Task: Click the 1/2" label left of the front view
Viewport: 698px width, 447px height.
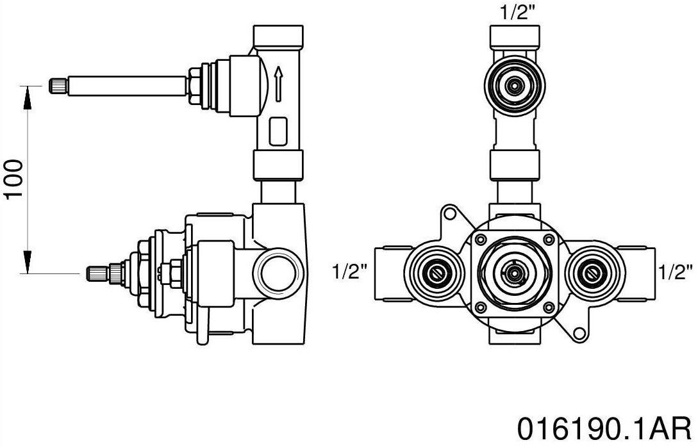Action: [x=349, y=272]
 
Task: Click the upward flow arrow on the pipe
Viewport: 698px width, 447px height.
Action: [x=278, y=83]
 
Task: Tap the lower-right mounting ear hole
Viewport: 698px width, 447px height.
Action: [x=580, y=333]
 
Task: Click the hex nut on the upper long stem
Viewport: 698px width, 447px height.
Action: [x=192, y=85]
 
